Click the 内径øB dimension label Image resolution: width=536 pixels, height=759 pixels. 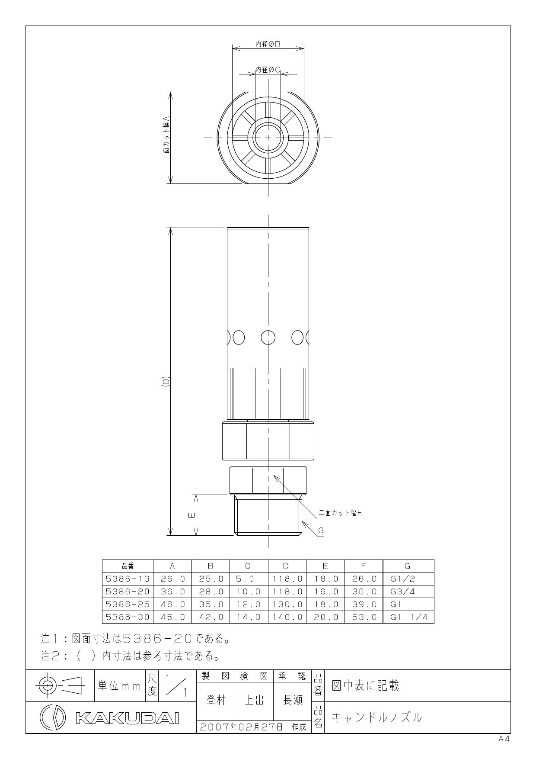(268, 44)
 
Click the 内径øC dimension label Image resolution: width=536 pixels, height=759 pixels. (268, 69)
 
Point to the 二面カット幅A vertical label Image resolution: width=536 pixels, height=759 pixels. (166, 138)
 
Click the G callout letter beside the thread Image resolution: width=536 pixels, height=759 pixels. (321, 531)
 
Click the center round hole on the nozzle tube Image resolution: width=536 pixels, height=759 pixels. (268, 337)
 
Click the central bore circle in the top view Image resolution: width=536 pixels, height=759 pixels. (268, 138)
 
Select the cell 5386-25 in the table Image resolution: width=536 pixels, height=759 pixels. (128, 604)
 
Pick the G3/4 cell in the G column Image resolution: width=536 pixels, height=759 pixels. (402, 591)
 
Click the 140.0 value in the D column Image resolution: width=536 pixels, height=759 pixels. (287, 617)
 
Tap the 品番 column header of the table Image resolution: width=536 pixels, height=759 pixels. (128, 566)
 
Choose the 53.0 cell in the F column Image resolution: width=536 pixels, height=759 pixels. (363, 617)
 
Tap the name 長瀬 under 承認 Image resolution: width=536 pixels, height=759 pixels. (292, 700)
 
